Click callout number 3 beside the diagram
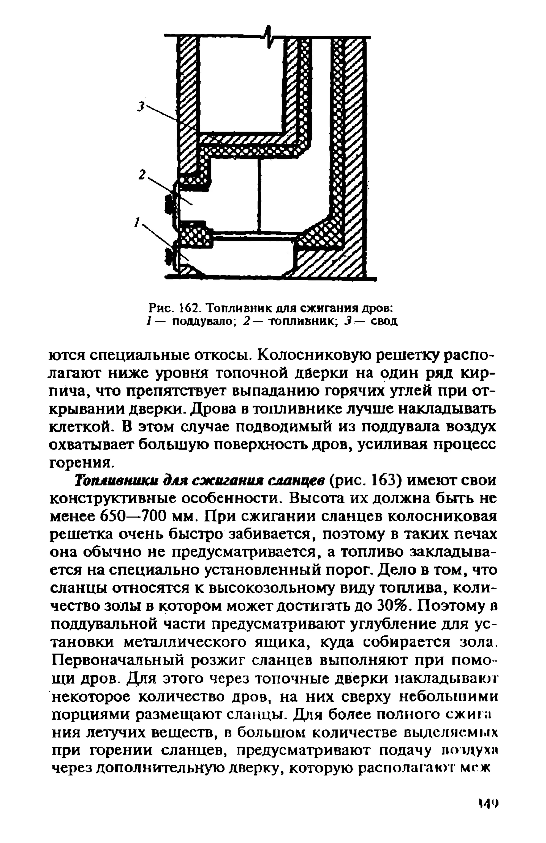click(x=141, y=106)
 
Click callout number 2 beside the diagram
click(x=142, y=174)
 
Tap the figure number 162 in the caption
click(x=189, y=307)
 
